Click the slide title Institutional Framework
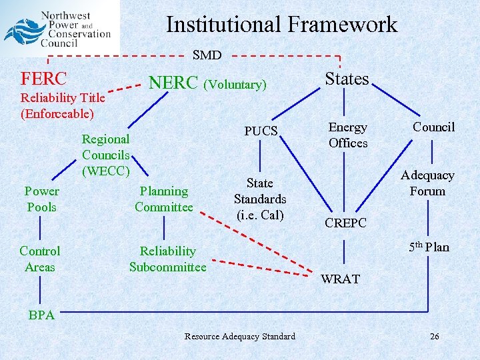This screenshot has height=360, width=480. (281, 25)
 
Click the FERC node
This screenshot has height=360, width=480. (44, 79)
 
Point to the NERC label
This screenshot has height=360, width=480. (173, 83)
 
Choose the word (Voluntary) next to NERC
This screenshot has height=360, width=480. (235, 85)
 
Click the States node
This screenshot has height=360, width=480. (347, 79)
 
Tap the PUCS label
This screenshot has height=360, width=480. (261, 131)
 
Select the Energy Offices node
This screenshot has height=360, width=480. (348, 135)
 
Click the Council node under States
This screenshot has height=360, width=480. (433, 127)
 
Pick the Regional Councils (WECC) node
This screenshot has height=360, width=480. (105, 155)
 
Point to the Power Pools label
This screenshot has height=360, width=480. (42, 199)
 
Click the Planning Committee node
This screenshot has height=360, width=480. (163, 199)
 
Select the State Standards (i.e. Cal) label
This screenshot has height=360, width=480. (259, 199)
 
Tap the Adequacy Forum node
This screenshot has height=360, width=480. (427, 183)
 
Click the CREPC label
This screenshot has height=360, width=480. (345, 223)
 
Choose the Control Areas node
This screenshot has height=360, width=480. (40, 259)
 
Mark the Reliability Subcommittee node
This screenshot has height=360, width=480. (167, 259)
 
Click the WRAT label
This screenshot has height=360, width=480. (340, 279)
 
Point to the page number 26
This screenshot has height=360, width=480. (434, 337)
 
